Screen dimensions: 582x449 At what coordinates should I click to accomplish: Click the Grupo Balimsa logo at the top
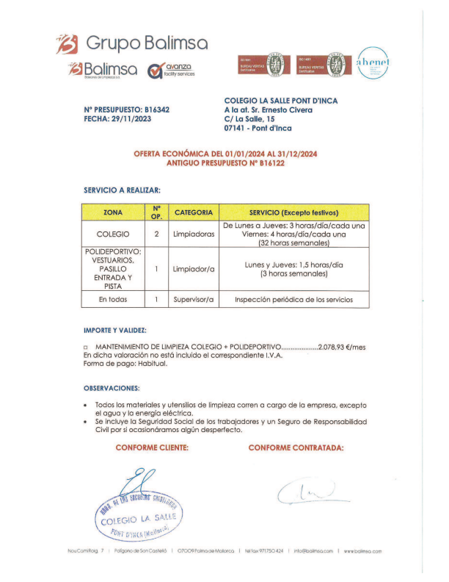(132, 43)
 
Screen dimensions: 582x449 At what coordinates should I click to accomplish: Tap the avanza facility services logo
(170, 71)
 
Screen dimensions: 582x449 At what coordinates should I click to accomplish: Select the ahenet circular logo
(373, 62)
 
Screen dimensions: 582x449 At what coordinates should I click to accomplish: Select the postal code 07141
(238, 128)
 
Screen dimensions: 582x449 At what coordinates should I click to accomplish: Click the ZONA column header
(114, 212)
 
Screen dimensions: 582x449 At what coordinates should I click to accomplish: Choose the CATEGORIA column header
(194, 212)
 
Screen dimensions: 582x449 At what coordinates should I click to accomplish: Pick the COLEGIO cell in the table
(114, 234)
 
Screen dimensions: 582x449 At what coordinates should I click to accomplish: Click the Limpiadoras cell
(194, 234)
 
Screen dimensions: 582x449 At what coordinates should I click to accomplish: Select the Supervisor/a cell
(194, 299)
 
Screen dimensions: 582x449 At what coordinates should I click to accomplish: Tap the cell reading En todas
(114, 299)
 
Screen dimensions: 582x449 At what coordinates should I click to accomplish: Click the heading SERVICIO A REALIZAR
(123, 190)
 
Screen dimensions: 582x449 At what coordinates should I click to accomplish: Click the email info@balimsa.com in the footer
(313, 550)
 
